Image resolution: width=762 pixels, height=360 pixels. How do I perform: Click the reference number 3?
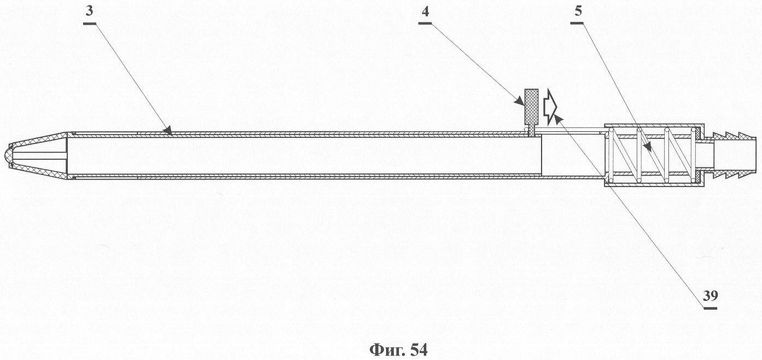90,12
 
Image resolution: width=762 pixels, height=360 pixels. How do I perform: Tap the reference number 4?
425,12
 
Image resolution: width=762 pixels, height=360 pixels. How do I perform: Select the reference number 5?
578,11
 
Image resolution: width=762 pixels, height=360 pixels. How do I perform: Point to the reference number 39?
710,295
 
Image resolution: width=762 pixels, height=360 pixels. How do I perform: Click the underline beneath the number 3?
90,23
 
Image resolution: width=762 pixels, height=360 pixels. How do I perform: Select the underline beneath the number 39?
710,308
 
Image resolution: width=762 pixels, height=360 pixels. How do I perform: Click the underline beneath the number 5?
577,23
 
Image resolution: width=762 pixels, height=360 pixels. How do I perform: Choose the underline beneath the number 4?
425,23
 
